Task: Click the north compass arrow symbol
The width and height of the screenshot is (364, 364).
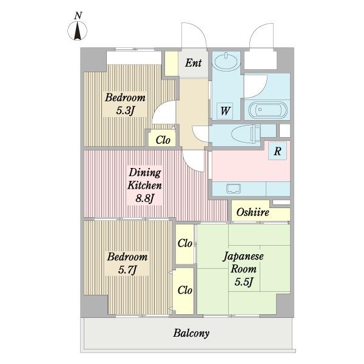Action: tap(78, 31)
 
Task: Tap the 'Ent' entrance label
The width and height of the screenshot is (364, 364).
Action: tap(193, 62)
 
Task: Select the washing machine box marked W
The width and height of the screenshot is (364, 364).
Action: tap(224, 111)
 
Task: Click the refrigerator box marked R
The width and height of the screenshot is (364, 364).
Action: tap(277, 151)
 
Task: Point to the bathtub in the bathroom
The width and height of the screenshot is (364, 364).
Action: tap(268, 110)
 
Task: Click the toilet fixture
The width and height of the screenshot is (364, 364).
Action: tap(246, 134)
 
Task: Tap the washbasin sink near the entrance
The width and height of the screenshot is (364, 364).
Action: tap(226, 61)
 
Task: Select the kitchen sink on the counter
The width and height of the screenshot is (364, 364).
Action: tap(234, 188)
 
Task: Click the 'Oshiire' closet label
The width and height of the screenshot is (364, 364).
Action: tap(253, 212)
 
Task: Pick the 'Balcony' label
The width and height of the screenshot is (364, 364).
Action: tap(191, 333)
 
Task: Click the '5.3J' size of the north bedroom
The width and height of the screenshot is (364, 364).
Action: tap(126, 111)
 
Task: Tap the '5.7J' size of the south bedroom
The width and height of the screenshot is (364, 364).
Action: tap(127, 270)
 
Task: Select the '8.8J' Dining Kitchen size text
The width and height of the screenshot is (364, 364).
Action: tap(145, 198)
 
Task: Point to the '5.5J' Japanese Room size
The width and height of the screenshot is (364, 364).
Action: tap(243, 282)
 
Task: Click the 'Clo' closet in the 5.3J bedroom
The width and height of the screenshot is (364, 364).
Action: tap(163, 140)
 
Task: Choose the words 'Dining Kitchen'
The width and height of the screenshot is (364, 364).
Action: tap(145, 179)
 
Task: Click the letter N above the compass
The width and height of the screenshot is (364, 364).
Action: tap(78, 16)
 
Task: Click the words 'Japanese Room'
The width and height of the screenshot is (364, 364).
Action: tap(243, 263)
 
